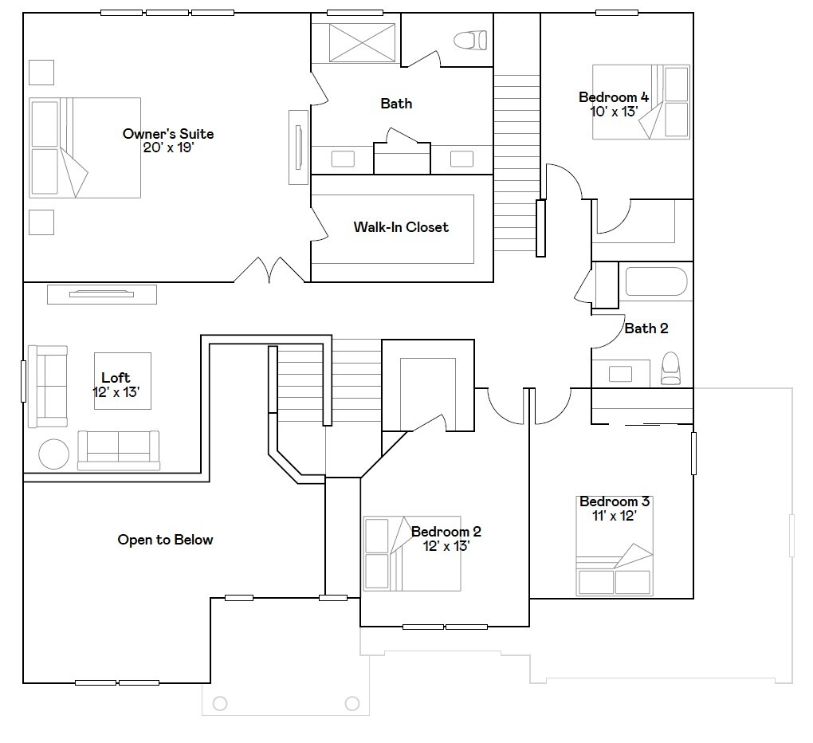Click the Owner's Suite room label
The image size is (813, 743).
coord(168,134)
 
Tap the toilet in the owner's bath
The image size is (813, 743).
coord(470,40)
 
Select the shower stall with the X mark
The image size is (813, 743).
coord(362,42)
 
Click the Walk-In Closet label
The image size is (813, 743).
coord(401,227)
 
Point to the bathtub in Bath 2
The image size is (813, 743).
coord(657,281)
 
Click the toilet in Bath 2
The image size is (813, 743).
coord(670,368)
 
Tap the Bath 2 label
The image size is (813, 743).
coord(646,328)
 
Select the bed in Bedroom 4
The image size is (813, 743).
coord(641,101)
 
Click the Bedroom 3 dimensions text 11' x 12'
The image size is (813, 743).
coord(615,516)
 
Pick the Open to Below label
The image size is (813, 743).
coord(166,540)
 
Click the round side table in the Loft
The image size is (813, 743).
coord(54,454)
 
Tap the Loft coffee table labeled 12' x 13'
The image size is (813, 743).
coord(123,381)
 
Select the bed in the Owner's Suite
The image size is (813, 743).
coord(85,147)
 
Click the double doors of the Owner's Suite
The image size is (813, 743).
coord(269,270)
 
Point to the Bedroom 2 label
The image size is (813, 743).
coord(446,532)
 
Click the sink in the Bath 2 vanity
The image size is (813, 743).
coord(620,374)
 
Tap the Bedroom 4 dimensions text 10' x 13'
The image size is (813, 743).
coord(614,112)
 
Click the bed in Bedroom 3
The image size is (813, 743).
coord(615,546)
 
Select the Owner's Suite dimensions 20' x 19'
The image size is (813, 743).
coord(168,147)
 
